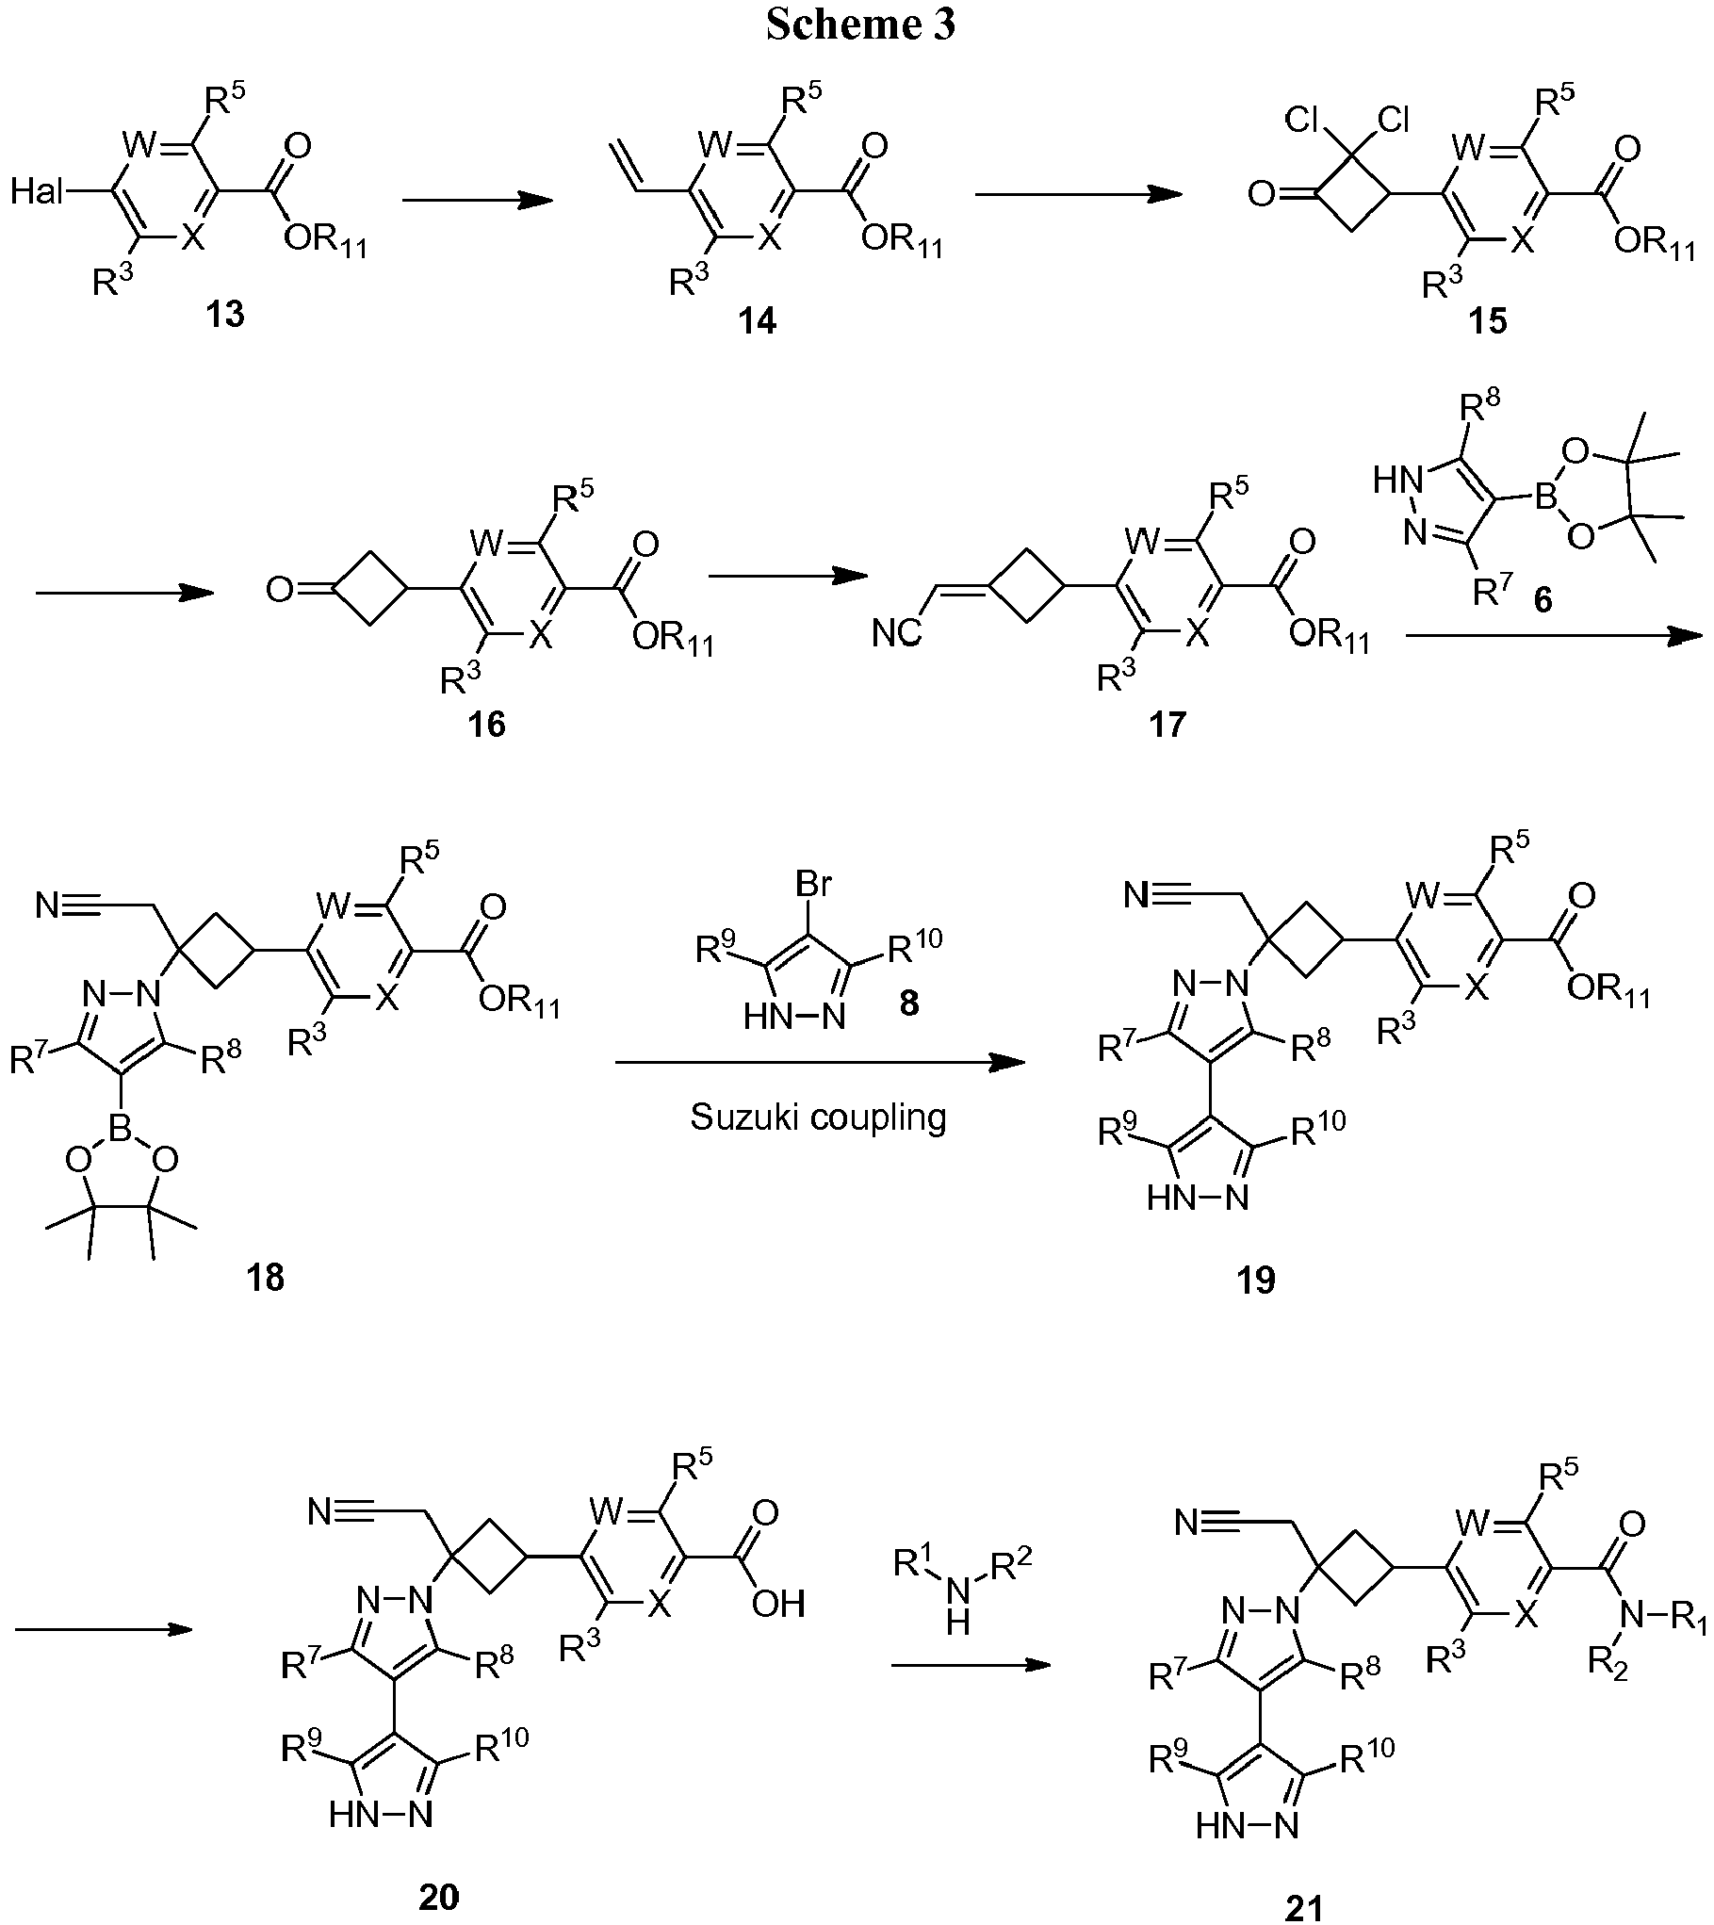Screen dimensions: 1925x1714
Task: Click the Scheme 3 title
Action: pyautogui.click(x=860, y=24)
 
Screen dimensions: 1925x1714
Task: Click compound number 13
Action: pyautogui.click(x=225, y=314)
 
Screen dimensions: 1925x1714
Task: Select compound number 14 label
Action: pyautogui.click(x=758, y=321)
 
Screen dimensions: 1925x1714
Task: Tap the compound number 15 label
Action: pyautogui.click(x=1486, y=321)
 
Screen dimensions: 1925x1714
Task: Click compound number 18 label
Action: pyautogui.click(x=266, y=1279)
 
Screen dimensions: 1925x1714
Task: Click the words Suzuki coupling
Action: pyautogui.click(x=818, y=1117)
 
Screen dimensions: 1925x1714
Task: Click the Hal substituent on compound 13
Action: pyautogui.click(x=37, y=193)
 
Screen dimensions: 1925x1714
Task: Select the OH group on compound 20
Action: pyautogui.click(x=778, y=1603)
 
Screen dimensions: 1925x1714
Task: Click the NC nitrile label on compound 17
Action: pyautogui.click(x=896, y=634)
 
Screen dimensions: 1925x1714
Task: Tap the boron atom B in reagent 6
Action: pyautogui.click(x=1545, y=498)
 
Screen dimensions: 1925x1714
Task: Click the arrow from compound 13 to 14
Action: pyautogui.click(x=476, y=200)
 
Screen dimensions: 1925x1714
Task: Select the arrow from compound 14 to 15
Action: pyautogui.click(x=1077, y=194)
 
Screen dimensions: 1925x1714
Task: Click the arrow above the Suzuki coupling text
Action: pyautogui.click(x=819, y=1063)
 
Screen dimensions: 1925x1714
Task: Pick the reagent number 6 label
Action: pyautogui.click(x=1543, y=599)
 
